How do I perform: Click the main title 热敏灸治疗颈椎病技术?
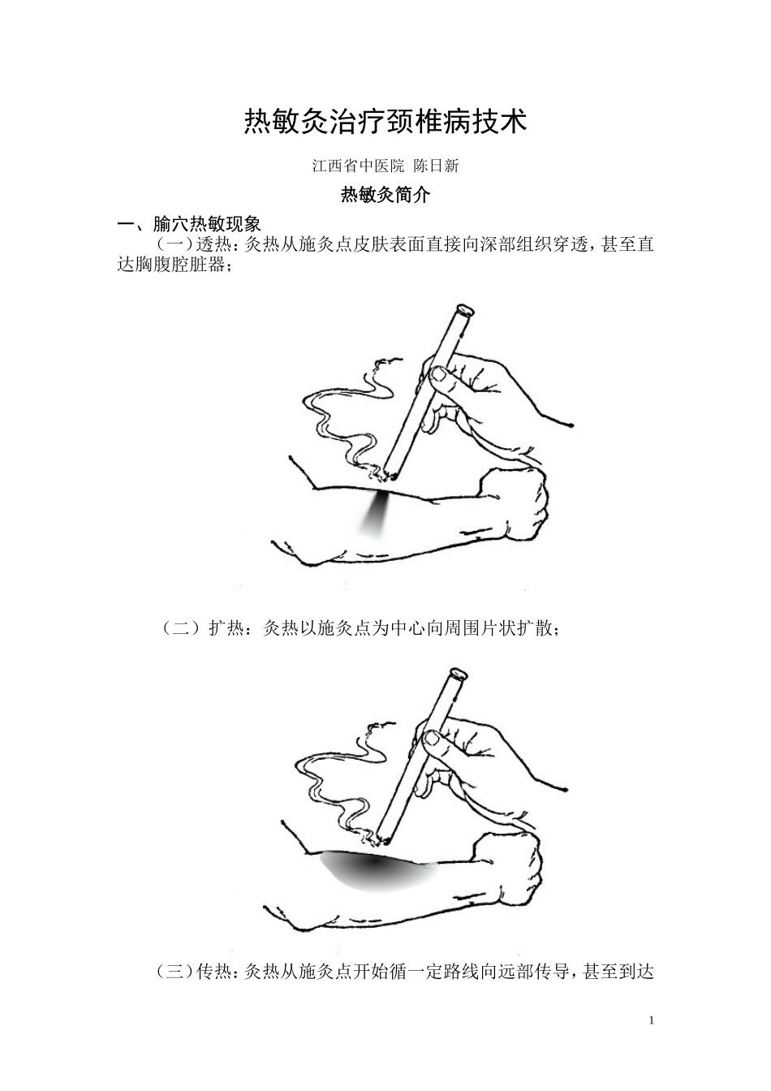[385, 123]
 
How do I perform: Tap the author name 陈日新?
[436, 166]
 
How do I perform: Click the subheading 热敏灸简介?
[385, 195]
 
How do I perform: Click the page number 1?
[651, 1020]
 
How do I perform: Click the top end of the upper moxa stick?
[463, 310]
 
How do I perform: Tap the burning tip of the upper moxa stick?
[391, 472]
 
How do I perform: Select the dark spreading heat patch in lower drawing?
[373, 869]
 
